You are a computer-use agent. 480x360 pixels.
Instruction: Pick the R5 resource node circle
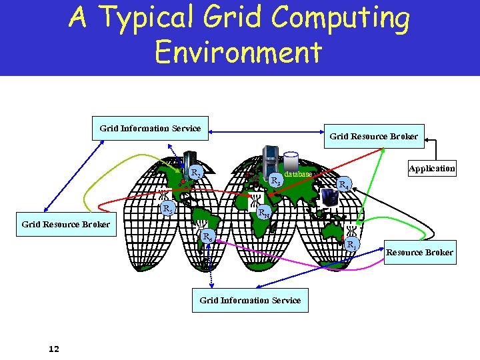169,209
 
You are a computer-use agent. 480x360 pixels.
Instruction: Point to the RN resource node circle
265,213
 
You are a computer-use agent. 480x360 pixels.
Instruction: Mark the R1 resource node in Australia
351,245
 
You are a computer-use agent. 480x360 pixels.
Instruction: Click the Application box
432,169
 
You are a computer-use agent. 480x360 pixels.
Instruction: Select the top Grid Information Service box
150,129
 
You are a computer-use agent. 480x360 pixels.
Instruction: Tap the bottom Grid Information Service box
250,301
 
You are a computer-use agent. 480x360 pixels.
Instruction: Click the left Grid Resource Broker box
66,224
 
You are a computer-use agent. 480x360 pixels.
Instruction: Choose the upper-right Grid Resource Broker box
374,137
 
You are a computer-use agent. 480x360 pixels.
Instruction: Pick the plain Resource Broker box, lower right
420,252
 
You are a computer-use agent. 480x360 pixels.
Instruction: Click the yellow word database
298,174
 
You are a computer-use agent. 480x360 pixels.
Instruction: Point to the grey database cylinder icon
291,161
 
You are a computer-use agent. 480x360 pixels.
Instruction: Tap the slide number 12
54,348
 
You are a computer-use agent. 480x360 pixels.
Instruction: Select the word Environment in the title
238,51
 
